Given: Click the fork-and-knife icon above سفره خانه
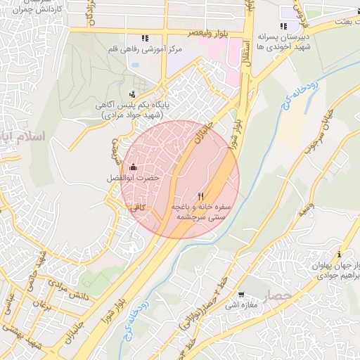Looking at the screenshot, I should tap(201, 197).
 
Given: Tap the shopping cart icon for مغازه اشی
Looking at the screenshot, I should tap(241, 295).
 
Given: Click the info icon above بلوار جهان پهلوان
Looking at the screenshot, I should tap(340, 254).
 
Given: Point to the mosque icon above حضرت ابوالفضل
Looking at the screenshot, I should tap(133, 167).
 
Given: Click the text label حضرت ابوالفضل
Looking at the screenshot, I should tap(133, 179).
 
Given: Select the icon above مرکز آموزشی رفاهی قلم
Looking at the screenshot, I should tap(145, 38).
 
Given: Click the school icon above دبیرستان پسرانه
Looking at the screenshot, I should tap(283, 26).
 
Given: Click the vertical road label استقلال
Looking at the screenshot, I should tap(247, 56).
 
